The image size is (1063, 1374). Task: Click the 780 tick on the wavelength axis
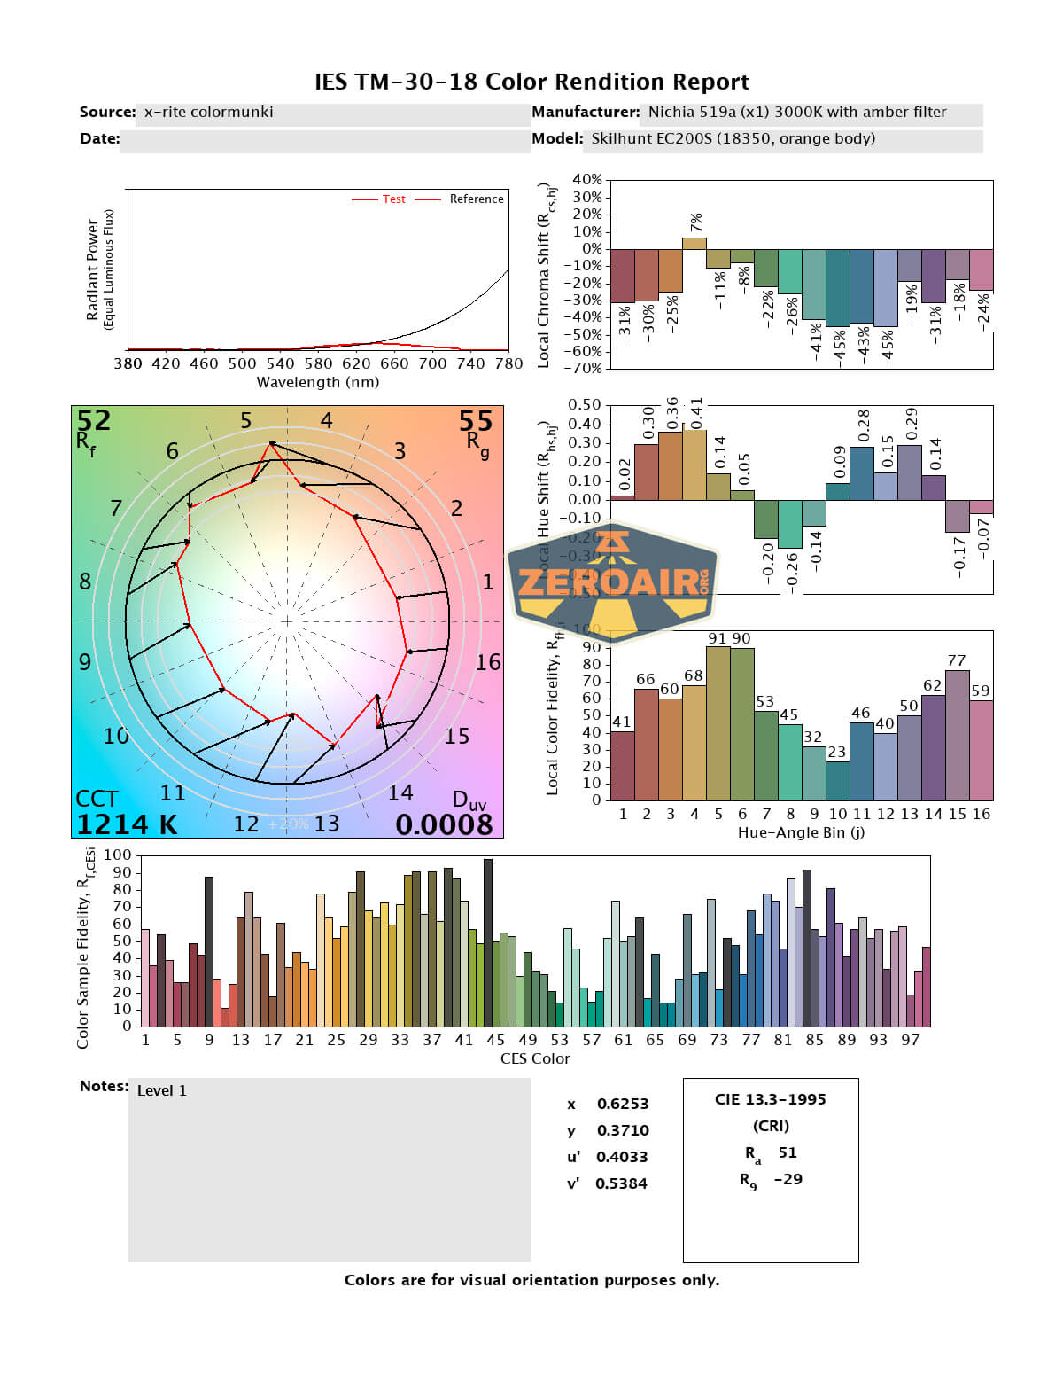508,363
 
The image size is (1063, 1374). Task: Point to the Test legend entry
393,199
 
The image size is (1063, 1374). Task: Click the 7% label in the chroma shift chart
695,222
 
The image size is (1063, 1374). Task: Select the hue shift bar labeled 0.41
694,464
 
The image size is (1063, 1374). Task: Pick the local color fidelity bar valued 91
718,723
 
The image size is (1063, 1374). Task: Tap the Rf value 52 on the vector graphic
93,420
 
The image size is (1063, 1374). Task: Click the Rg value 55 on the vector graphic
475,421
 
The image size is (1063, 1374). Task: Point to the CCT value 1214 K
127,825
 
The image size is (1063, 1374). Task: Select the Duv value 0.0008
444,825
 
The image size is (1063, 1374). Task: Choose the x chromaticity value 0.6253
622,1105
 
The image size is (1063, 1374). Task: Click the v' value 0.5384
621,1184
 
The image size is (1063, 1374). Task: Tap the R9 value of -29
788,1180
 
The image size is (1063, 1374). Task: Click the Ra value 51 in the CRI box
788,1153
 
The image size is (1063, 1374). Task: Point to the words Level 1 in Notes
162,1091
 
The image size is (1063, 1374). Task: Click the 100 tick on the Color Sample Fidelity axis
117,856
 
